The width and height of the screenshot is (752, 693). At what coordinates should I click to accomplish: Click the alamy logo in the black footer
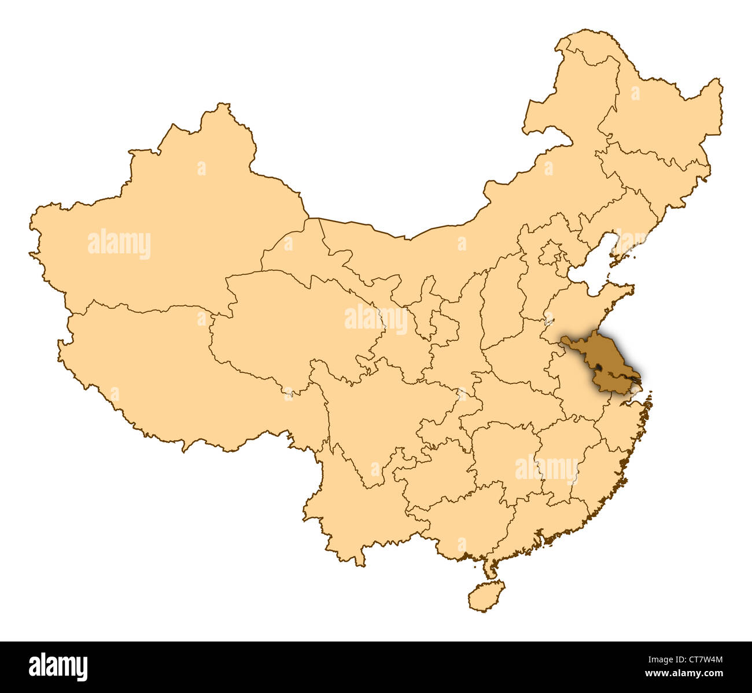click(58, 666)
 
